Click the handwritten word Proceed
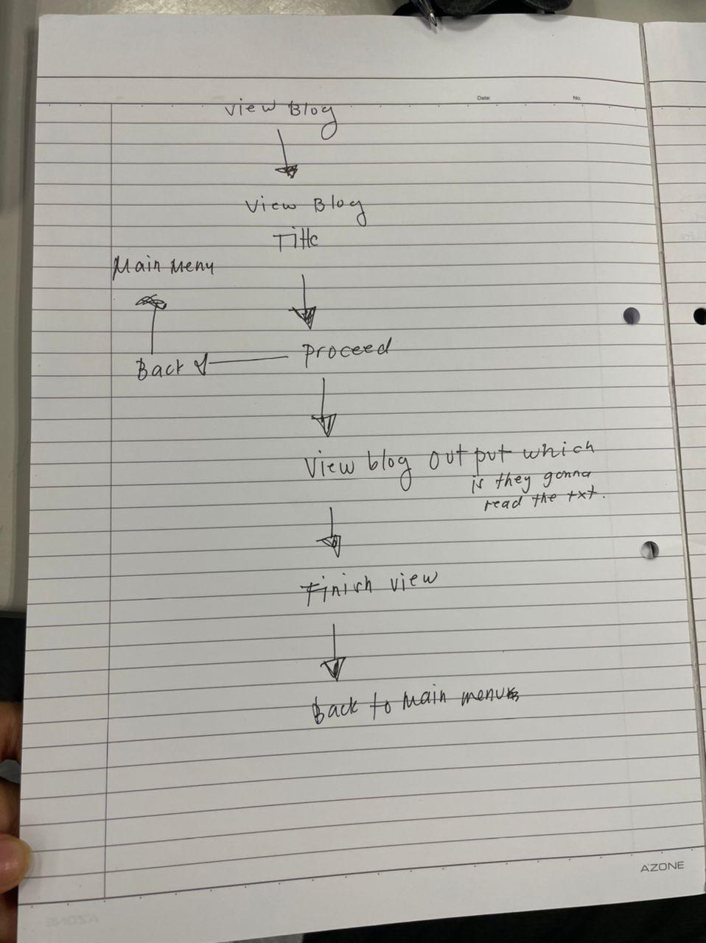pos(346,351)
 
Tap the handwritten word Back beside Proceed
pos(159,367)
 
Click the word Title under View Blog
pos(296,239)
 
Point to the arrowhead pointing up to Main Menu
pos(151,302)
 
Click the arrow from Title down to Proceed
pos(303,303)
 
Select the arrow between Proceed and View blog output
pos(324,409)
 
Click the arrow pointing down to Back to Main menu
pos(334,653)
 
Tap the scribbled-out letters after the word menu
pos(510,693)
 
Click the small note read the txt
pos(544,501)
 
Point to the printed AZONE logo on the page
pos(661,866)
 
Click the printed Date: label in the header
pos(483,98)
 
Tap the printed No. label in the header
pos(576,98)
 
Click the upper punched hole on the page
pos(632,315)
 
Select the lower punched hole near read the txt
pos(650,549)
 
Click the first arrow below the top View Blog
pos(284,155)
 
